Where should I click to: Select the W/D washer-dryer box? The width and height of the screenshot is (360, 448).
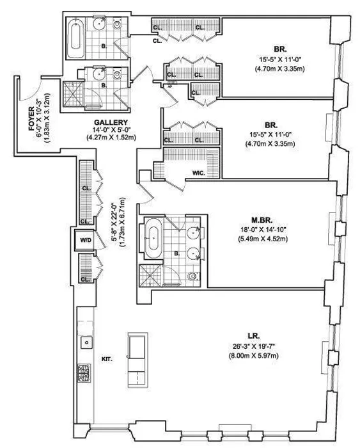[x=85, y=241]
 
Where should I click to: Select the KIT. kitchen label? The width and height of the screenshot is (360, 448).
[x=106, y=359]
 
